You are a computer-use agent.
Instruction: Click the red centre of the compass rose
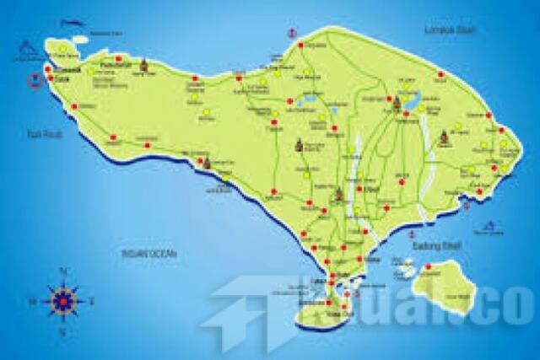[x=63, y=299]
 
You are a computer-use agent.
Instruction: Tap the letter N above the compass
[x=63, y=271]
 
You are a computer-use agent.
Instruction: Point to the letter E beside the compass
[x=92, y=300]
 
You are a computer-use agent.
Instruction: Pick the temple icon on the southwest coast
[x=207, y=161]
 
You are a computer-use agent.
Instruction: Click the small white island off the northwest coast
[x=79, y=38]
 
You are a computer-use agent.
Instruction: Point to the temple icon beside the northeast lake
[x=397, y=104]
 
